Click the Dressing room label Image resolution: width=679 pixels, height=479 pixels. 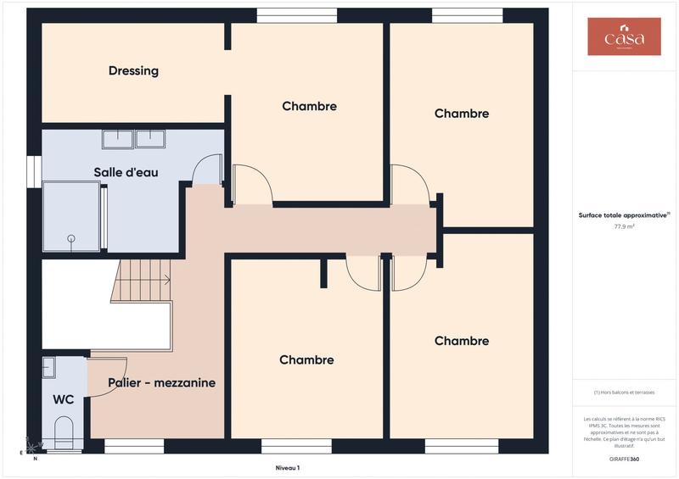coord(133,71)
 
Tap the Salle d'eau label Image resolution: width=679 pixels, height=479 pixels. coord(126,172)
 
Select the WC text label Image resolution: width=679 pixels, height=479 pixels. coord(63,399)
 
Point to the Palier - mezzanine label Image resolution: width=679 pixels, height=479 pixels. coord(161,382)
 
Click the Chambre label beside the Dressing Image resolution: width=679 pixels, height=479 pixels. coord(309,106)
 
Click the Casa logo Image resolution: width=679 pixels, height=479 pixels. coord(624,36)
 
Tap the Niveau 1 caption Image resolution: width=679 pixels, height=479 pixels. coord(288,468)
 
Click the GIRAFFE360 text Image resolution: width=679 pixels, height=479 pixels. coord(624,458)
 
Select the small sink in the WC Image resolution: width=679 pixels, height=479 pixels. coord(48,367)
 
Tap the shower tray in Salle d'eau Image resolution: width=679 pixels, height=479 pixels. coord(70,216)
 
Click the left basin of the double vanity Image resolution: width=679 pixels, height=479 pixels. coord(118,138)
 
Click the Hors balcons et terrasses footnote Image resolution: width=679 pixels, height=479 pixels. coord(624,393)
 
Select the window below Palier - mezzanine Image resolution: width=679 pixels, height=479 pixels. coord(134,446)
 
